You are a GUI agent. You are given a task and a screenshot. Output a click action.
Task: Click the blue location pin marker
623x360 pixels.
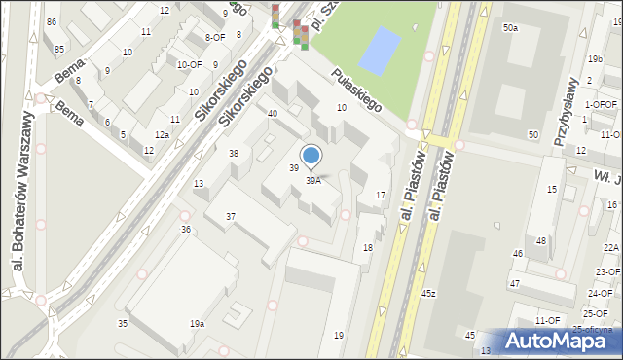coord(311,157)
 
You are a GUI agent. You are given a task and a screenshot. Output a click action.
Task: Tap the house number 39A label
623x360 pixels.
coord(313,181)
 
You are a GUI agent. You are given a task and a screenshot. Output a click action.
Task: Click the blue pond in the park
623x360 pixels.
coord(379,51)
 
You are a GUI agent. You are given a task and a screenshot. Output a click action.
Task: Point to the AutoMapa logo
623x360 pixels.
coord(560,341)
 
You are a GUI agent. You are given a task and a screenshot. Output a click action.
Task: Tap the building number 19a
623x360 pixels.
coord(198,323)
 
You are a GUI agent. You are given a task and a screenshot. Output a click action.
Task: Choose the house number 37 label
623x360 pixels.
coord(231,216)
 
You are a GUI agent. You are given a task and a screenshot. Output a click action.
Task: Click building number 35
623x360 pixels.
coord(123,323)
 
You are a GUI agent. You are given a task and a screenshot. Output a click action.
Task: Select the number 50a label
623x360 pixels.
coord(510,28)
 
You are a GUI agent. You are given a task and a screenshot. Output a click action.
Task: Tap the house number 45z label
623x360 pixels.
coord(428,293)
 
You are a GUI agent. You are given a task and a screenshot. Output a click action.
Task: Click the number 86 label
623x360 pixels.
coord(51,21)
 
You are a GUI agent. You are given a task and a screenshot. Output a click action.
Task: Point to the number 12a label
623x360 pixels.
coord(163,134)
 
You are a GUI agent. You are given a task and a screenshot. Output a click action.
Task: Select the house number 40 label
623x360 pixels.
coord(273,114)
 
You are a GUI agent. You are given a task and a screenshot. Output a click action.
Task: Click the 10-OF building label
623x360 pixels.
coord(189,65)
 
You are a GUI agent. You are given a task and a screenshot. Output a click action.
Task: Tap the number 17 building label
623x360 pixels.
coord(381,196)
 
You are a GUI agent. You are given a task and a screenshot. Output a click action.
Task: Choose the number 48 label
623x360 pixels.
coord(541,241)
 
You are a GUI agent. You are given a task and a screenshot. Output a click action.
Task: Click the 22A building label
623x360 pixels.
coord(610,249)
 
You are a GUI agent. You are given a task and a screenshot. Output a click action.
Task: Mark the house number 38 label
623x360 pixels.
coord(234,154)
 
